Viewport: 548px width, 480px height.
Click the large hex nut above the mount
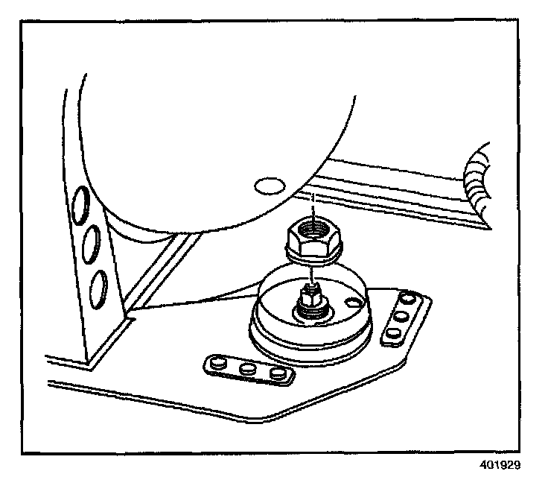click(313, 241)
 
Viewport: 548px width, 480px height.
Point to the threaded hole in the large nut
click(313, 230)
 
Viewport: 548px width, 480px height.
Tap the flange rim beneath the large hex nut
click(313, 257)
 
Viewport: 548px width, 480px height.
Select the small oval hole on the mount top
click(352, 302)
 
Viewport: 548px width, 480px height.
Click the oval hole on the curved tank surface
click(270, 186)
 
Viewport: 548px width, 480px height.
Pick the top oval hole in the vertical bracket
click(80, 205)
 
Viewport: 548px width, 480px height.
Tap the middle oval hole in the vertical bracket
click(92, 244)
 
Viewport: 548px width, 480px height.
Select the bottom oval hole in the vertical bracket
click(98, 289)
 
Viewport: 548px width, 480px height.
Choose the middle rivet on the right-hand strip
click(401, 316)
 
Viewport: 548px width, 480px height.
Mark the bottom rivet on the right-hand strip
click(393, 332)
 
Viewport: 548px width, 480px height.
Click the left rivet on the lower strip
click(218, 363)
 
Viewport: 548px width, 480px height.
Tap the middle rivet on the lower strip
click(248, 368)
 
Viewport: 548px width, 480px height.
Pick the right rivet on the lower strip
click(278, 373)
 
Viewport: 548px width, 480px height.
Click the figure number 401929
click(500, 465)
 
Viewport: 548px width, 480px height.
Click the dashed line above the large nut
click(313, 207)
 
